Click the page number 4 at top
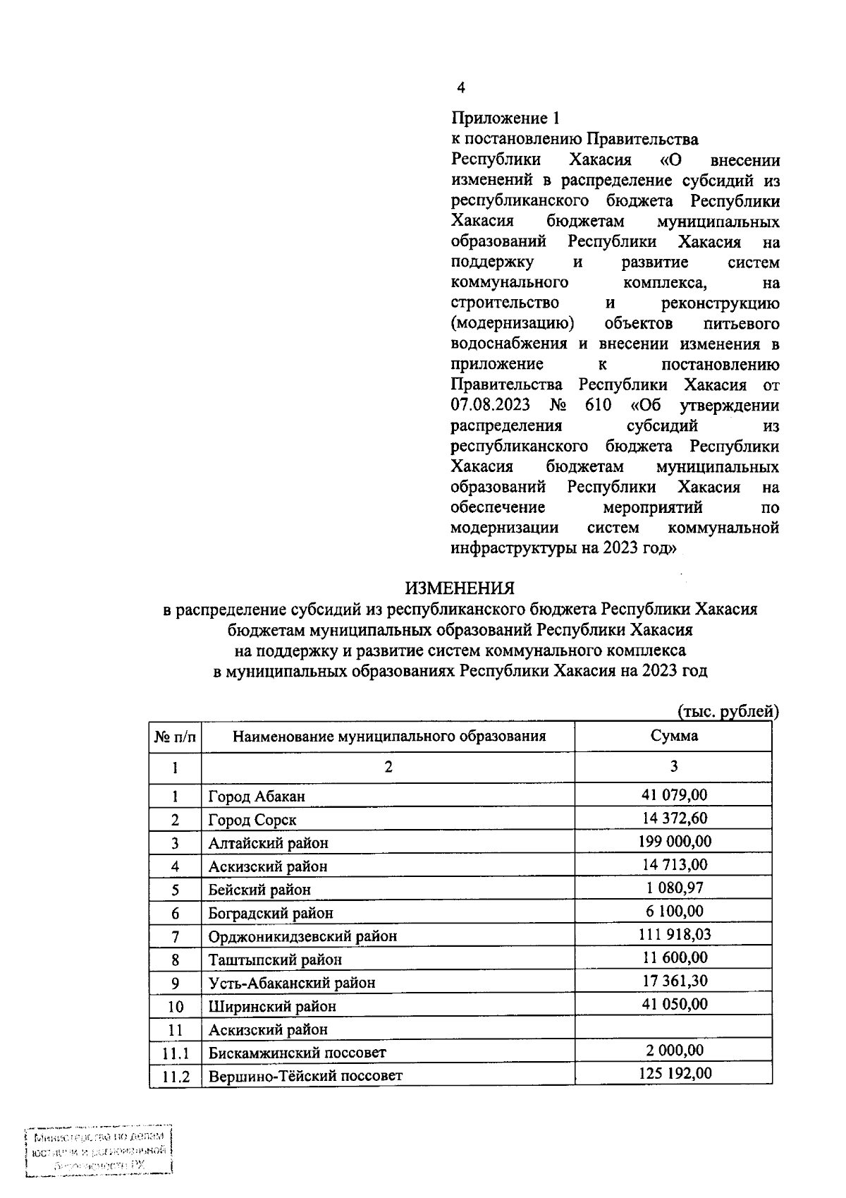tap(461, 87)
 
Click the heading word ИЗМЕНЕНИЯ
tap(459, 588)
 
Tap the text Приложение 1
tap(505, 119)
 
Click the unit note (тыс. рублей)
tap(728, 711)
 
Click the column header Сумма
tap(674, 736)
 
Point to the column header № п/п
tap(175, 737)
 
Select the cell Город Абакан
tap(257, 797)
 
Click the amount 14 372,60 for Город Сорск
tap(675, 818)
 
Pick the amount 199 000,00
tap(675, 842)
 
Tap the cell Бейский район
tap(259, 890)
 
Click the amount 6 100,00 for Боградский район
tap(675, 912)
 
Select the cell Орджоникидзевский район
tap(302, 936)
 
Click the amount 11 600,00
tap(675, 958)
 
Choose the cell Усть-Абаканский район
tap(292, 983)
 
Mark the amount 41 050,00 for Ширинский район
tap(675, 1005)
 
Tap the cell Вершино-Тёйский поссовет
tap(305, 1076)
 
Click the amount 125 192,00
tap(675, 1074)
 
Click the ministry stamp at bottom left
tap(99, 1151)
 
